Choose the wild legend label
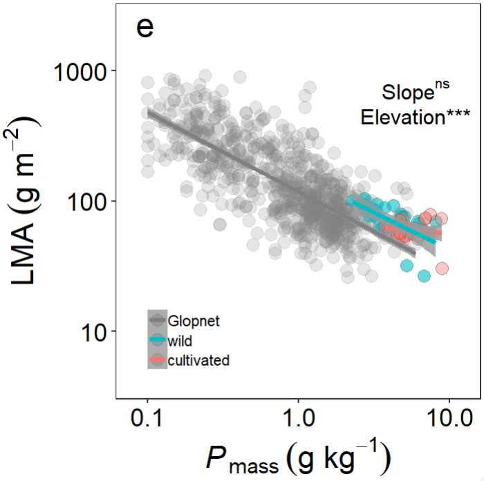click(180, 340)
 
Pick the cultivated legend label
click(198, 360)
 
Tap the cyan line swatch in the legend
click(158, 340)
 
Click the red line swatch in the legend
click(158, 360)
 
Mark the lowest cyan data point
click(424, 276)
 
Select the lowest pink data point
click(442, 268)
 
